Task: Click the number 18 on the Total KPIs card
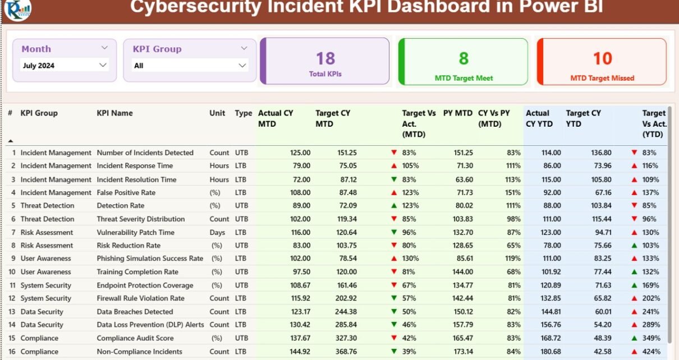325,58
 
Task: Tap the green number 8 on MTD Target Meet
464,58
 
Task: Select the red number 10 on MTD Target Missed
602,58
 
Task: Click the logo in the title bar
17,8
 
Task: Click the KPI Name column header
114,113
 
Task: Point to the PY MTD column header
457,113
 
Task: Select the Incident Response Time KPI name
135,166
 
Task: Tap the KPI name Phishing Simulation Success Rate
150,259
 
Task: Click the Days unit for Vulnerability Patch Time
217,232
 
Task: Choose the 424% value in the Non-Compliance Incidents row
652,352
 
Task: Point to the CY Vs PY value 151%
513,192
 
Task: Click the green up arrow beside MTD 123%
394,206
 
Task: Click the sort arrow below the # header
10,140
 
